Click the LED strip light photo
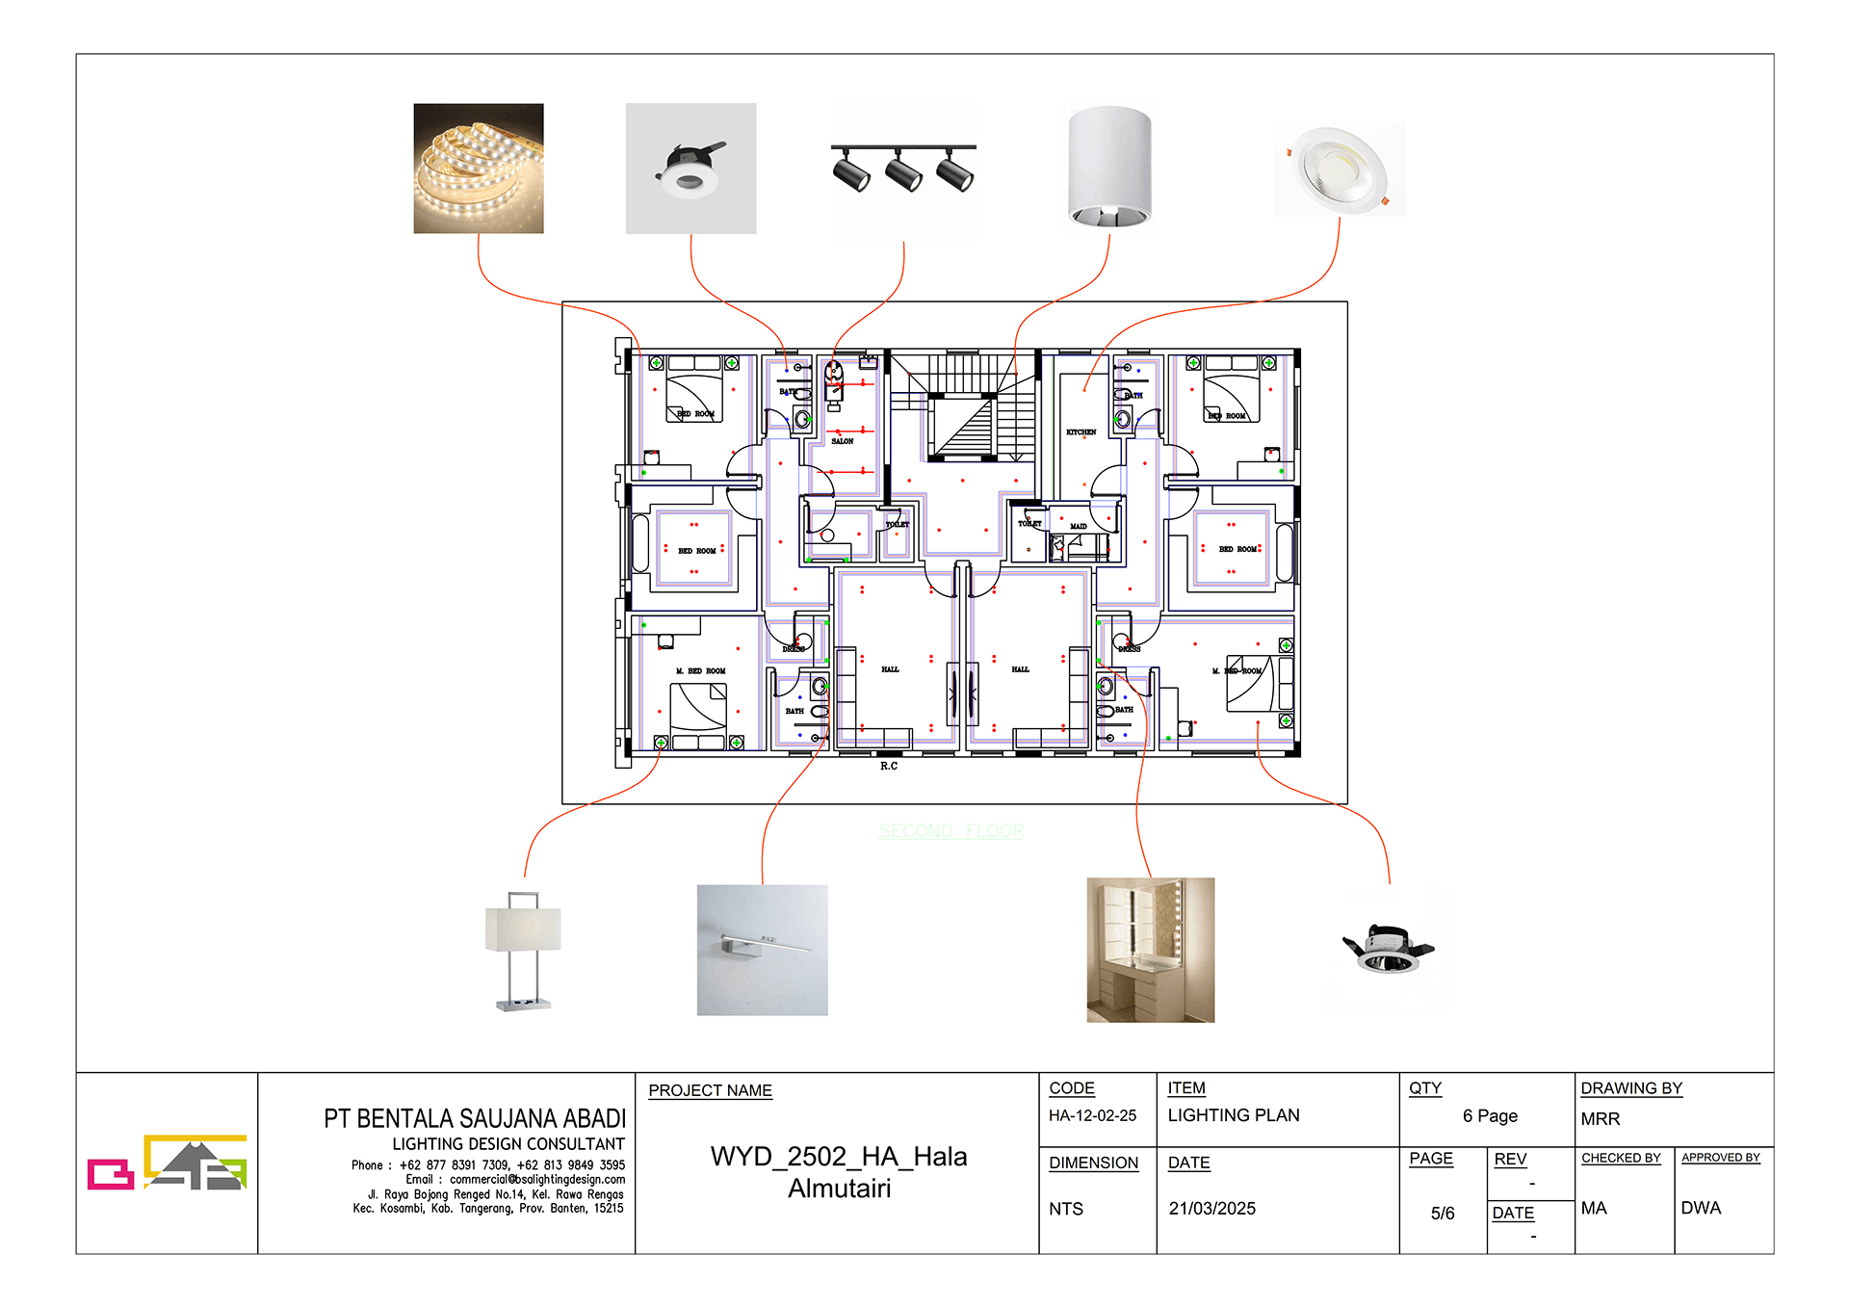(479, 169)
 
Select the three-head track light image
(903, 170)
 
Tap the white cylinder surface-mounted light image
(1109, 168)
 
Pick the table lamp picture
(523, 951)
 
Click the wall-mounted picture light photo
(762, 950)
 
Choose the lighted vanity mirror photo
(1150, 950)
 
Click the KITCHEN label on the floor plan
(1081, 432)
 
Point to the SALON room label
(843, 441)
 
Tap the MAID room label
(1078, 527)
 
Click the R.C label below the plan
(888, 767)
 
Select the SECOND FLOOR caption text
(951, 831)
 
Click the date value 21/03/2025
(1211, 1209)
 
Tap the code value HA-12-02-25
(1092, 1115)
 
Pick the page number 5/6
(1442, 1214)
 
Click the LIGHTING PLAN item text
(1233, 1115)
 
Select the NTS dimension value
(1066, 1209)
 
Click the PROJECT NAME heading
(710, 1090)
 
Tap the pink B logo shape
(110, 1174)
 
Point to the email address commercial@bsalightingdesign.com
(536, 1180)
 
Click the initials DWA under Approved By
(1700, 1208)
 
